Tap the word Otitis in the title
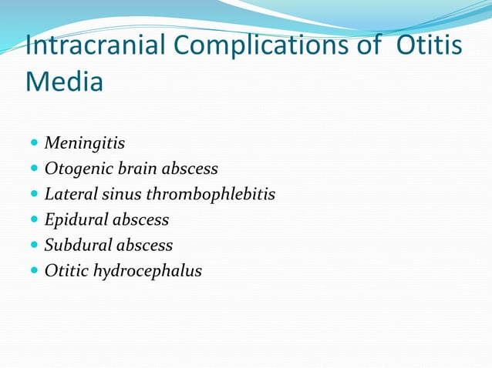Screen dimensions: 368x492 (430, 45)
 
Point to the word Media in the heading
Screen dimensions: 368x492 (64, 81)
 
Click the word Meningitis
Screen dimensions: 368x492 (85, 143)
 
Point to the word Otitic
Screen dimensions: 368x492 (66, 270)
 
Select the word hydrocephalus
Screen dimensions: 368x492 (147, 271)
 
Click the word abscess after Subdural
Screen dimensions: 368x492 (144, 245)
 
